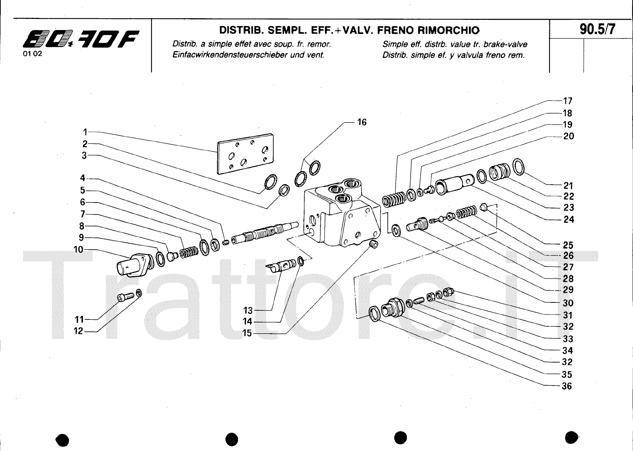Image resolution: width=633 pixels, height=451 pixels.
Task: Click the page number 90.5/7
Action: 597,29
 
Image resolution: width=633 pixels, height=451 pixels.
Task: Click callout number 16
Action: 362,122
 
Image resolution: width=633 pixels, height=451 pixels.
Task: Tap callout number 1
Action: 85,132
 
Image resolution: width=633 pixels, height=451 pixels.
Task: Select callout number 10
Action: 78,250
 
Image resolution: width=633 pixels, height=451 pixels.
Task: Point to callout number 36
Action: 567,386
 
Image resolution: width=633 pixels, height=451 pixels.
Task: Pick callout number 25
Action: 568,245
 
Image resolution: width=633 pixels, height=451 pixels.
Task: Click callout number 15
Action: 247,333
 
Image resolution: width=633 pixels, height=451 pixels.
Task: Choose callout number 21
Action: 568,185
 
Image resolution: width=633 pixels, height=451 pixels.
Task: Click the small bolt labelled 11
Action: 124,297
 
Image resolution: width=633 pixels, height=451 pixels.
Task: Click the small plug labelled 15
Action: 373,245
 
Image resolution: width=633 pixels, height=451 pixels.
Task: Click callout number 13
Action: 248,310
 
